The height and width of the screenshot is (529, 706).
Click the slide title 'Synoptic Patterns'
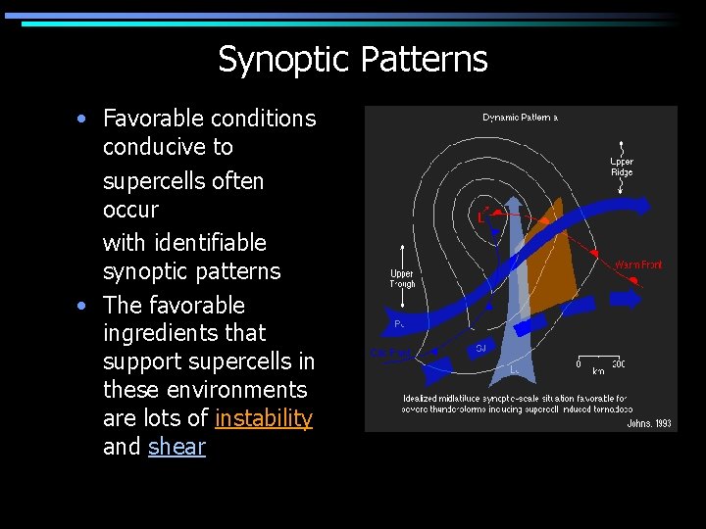pyautogui.click(x=352, y=60)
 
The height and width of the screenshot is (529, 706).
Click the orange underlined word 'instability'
pyautogui.click(x=263, y=418)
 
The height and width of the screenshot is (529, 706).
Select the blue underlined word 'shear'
pyautogui.click(x=176, y=447)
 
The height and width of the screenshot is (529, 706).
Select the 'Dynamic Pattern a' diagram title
pyautogui.click(x=520, y=118)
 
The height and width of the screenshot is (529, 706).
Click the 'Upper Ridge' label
pyautogui.click(x=622, y=168)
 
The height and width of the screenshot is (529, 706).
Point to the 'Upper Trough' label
pyautogui.click(x=402, y=279)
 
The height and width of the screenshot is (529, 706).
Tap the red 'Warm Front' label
pyautogui.click(x=638, y=264)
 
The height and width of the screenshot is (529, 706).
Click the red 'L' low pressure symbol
pyautogui.click(x=481, y=215)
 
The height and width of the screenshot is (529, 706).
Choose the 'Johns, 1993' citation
pyautogui.click(x=649, y=423)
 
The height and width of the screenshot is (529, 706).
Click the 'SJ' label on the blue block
pyautogui.click(x=479, y=347)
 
